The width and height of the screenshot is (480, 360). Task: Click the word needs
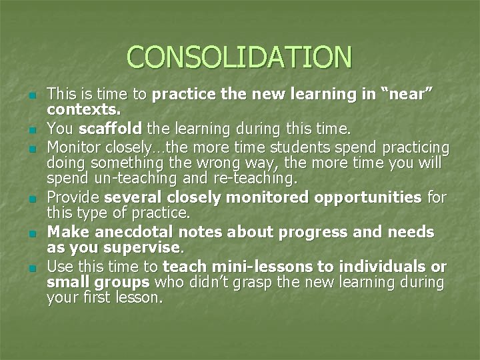tap(409, 232)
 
